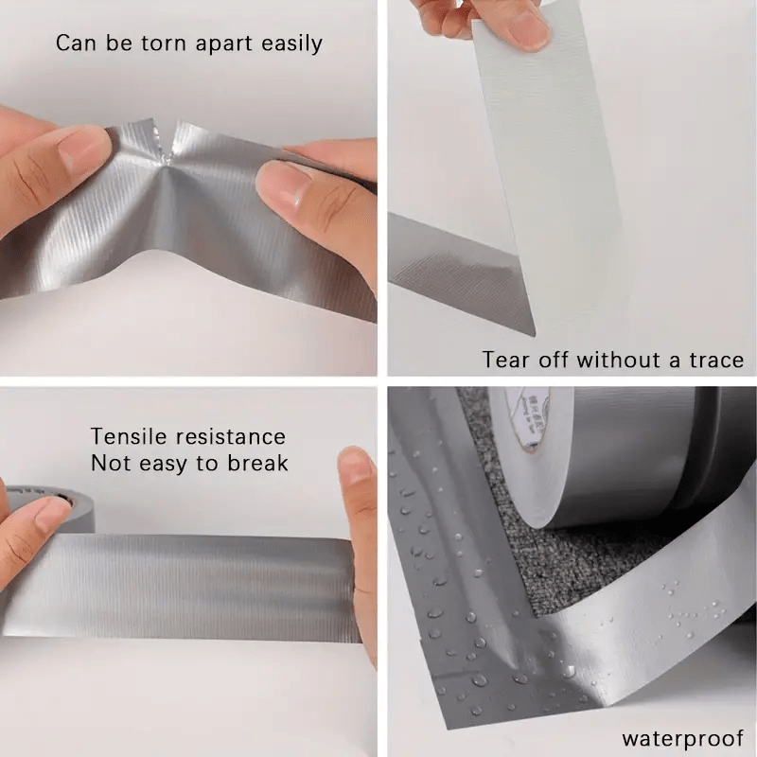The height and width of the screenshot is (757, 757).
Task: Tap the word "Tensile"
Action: click(129, 436)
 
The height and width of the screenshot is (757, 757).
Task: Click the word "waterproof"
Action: click(681, 738)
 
